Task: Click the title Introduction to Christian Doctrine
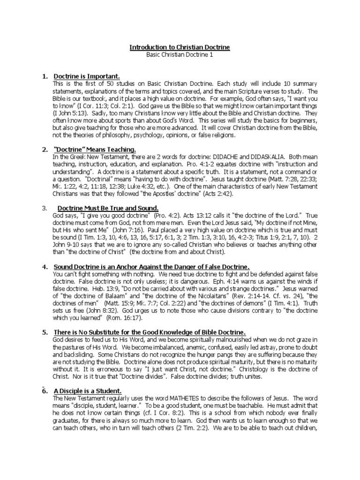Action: click(x=180, y=48)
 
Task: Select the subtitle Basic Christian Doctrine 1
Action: click(x=180, y=55)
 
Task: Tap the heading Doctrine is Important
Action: click(x=87, y=76)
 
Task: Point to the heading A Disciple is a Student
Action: click(x=88, y=391)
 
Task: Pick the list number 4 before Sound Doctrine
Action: click(x=45, y=267)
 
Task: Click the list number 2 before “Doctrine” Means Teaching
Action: click(x=45, y=150)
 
